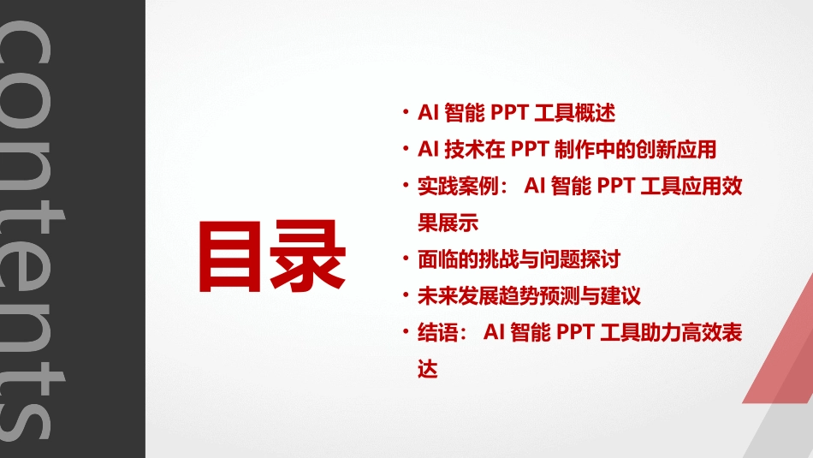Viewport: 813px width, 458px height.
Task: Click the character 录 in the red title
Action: (309, 255)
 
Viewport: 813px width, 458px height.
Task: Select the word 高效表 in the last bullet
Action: (710, 333)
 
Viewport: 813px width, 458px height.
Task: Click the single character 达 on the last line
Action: (427, 370)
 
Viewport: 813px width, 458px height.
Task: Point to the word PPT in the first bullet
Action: (511, 112)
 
